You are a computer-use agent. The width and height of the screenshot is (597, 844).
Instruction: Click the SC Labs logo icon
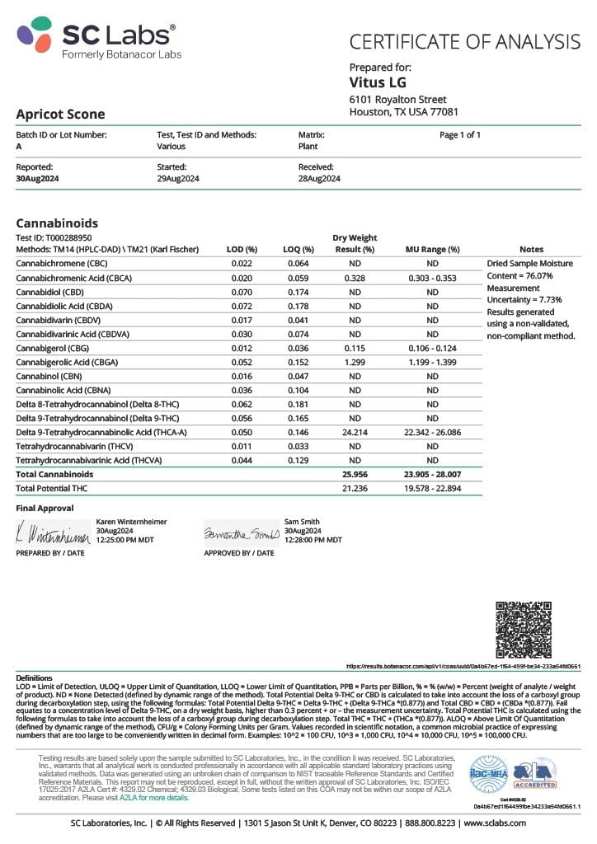click(35, 35)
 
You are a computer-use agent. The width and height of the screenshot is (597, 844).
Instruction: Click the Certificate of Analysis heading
click(465, 41)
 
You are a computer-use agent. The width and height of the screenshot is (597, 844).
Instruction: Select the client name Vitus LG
click(378, 82)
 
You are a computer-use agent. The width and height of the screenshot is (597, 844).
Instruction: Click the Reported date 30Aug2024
click(38, 178)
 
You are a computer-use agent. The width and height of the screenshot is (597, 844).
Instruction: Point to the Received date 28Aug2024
click(319, 178)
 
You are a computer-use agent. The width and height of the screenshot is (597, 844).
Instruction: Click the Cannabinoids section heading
click(57, 223)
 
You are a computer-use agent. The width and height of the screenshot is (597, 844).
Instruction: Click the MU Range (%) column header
click(432, 249)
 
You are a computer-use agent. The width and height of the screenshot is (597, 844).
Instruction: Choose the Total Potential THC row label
click(51, 489)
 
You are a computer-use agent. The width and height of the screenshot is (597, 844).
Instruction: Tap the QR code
click(523, 630)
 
